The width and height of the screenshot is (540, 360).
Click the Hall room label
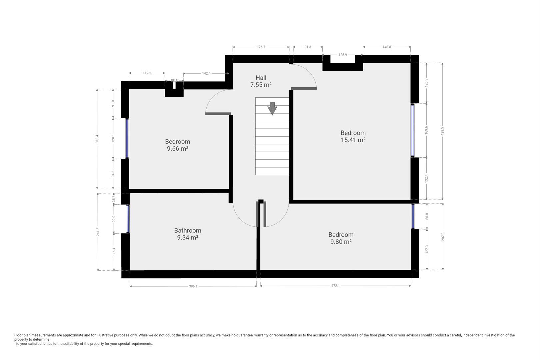(x=261, y=78)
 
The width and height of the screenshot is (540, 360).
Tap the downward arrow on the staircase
(x=272, y=109)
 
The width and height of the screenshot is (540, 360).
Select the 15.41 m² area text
(x=353, y=140)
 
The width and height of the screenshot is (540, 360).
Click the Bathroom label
(x=188, y=231)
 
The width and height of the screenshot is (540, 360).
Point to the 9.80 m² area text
(x=341, y=242)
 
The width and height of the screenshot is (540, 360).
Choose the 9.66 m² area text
(x=177, y=149)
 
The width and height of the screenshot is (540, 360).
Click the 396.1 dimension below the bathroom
(x=193, y=286)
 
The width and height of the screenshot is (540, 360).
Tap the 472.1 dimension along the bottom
(x=335, y=286)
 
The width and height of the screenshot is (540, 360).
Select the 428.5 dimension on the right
(x=442, y=131)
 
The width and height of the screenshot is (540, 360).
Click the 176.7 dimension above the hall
(x=261, y=47)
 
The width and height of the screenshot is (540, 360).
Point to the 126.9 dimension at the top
(x=343, y=55)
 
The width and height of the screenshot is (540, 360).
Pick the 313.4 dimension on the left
(x=97, y=139)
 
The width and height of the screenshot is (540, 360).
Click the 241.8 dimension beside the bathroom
(x=98, y=232)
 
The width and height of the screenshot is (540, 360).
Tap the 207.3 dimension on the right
(x=443, y=237)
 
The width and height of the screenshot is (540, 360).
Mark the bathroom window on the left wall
(x=128, y=219)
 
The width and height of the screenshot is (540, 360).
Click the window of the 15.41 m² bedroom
(x=413, y=130)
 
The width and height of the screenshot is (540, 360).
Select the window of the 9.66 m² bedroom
(x=127, y=138)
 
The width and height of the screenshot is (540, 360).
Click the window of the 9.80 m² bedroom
(x=413, y=216)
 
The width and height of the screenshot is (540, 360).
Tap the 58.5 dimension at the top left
(x=174, y=81)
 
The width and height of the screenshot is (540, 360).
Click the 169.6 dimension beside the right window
(x=426, y=130)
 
